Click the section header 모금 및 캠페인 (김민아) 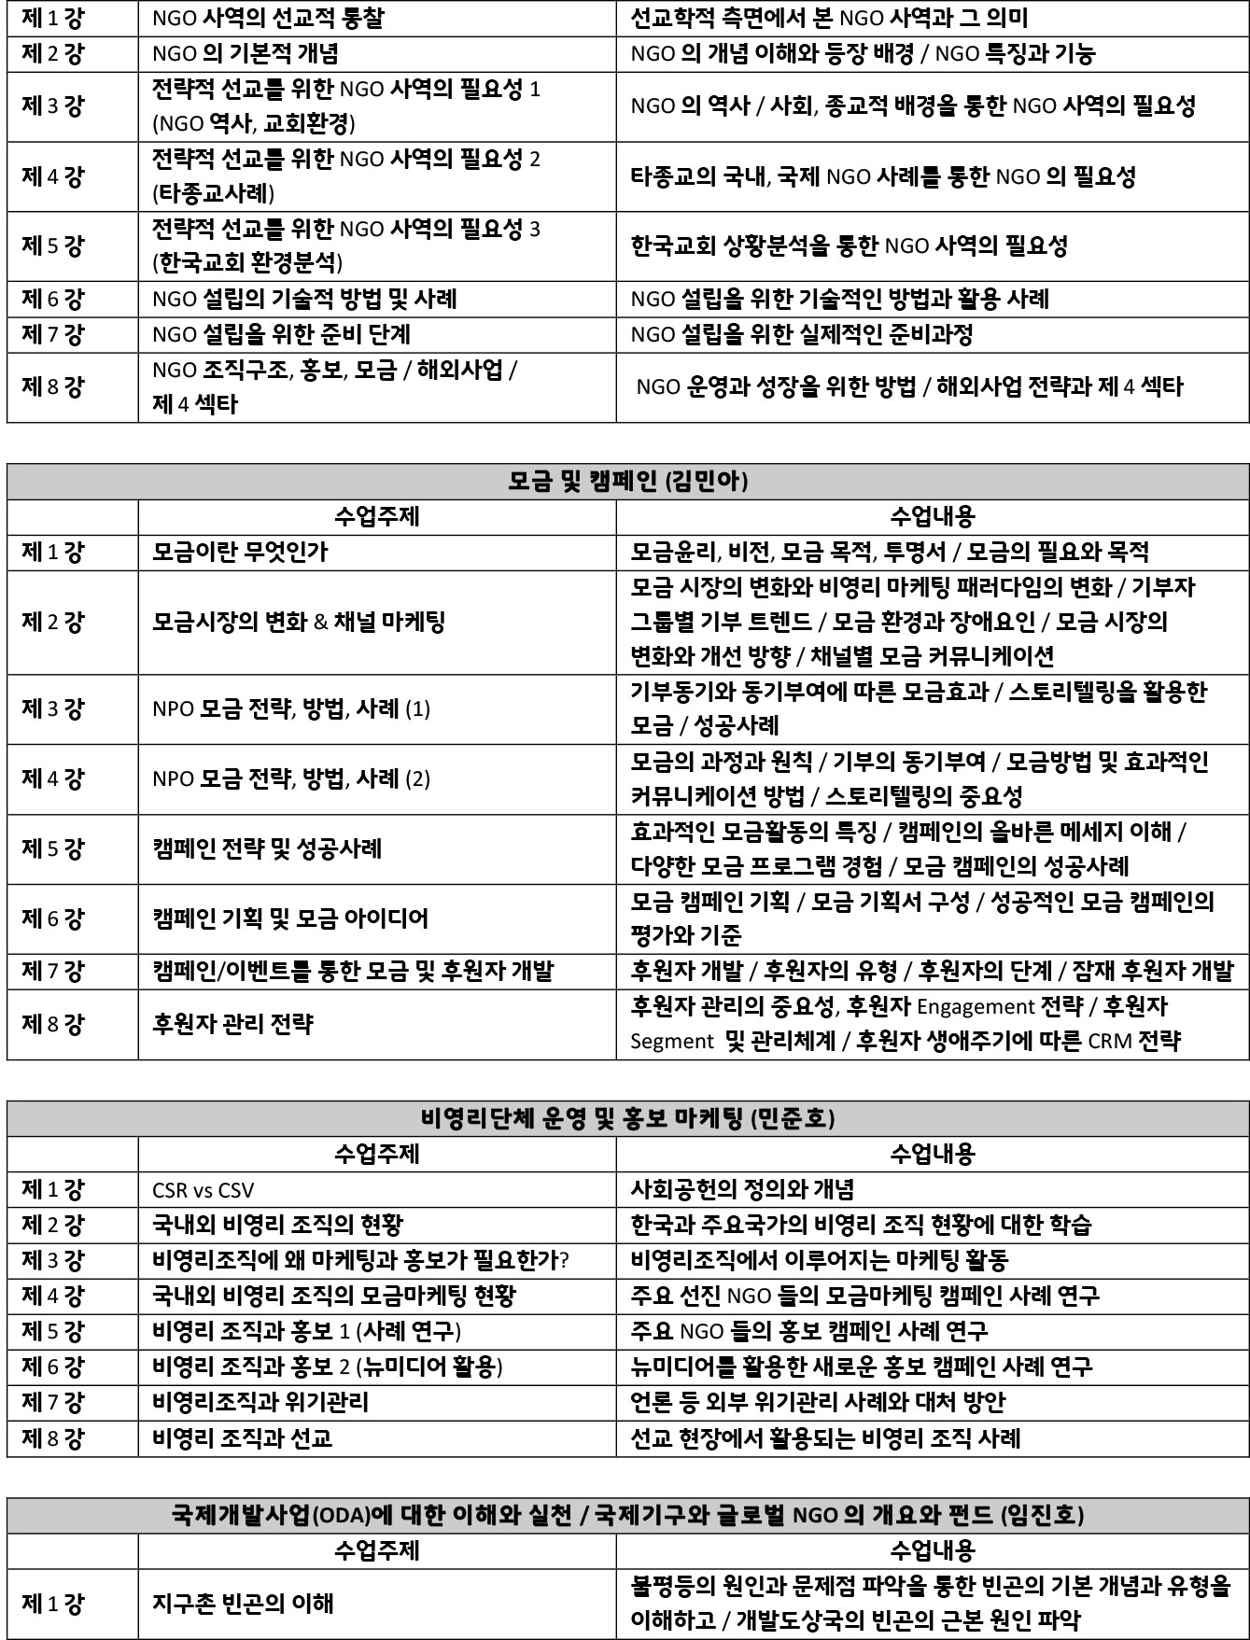627,482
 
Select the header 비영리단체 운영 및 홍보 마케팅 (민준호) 627,1118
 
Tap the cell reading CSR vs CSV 203,1190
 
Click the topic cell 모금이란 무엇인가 240,552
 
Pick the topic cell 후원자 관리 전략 232,1024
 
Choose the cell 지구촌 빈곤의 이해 243,1604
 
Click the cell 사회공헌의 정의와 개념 742,1190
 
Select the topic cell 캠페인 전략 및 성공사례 267,848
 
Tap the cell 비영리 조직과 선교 243,1437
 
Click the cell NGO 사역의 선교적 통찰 267,18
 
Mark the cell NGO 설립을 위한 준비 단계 281,334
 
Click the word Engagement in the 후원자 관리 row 976,1006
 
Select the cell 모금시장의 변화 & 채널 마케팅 299,622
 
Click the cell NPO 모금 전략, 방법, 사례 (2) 291,778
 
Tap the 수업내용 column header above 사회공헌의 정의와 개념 932,1155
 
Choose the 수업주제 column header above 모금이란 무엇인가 376,516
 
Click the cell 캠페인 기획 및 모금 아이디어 290,918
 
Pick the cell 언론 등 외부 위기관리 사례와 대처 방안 818,1402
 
